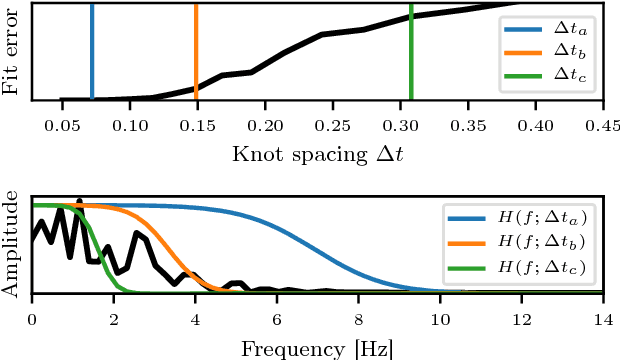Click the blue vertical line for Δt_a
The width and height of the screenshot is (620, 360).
(x=92, y=50)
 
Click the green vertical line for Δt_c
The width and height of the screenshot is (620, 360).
(x=411, y=50)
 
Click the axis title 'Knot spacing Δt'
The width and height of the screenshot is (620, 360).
(x=318, y=153)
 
